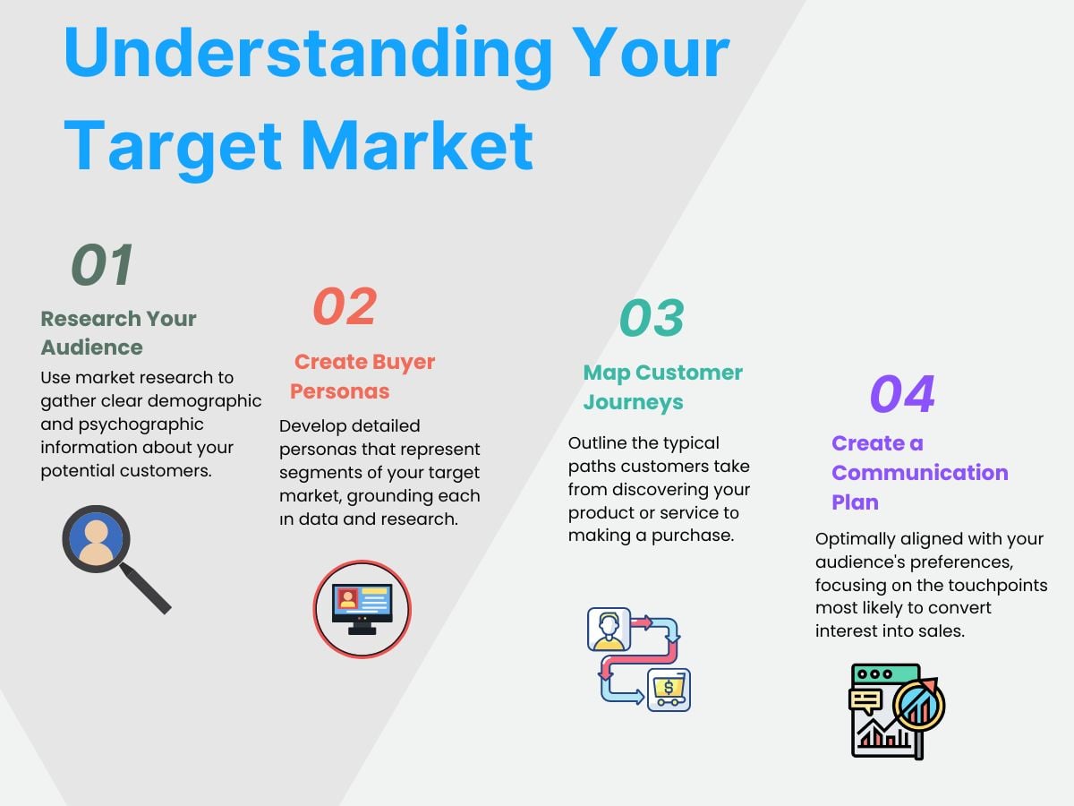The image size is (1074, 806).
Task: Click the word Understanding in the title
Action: click(x=308, y=55)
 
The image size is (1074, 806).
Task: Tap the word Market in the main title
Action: click(x=416, y=146)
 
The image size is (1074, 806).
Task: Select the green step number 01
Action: click(x=102, y=264)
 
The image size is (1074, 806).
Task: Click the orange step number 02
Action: click(x=345, y=306)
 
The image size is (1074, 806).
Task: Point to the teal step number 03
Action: click(x=652, y=318)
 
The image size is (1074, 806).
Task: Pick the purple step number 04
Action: click(x=902, y=393)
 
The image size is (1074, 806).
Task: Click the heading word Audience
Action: click(x=92, y=347)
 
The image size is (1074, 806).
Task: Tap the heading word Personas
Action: click(x=339, y=391)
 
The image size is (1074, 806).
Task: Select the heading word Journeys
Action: click(x=633, y=403)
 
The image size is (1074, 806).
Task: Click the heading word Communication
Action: click(x=920, y=473)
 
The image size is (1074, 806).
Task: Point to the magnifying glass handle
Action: click(x=145, y=587)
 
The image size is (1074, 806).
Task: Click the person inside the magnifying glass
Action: click(x=97, y=540)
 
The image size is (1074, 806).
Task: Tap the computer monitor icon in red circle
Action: click(x=362, y=609)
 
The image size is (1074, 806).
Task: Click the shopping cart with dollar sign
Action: click(x=669, y=690)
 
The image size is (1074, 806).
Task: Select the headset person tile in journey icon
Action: click(x=609, y=629)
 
